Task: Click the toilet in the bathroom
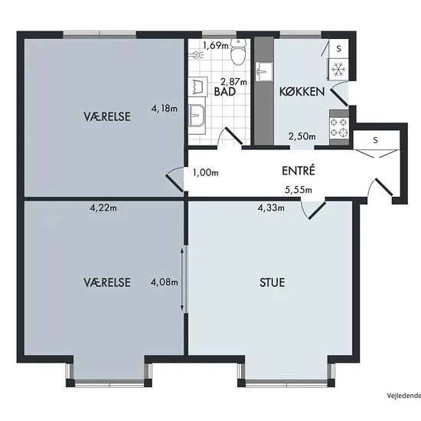click(x=238, y=52)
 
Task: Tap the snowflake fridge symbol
click(x=338, y=70)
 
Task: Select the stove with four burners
click(x=339, y=128)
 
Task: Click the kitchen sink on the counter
click(x=264, y=72)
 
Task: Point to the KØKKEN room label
click(x=302, y=92)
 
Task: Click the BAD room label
click(x=225, y=92)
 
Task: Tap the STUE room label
click(x=272, y=282)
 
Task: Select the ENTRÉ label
click(x=299, y=171)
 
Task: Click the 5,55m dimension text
click(x=299, y=190)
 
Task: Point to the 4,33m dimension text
click(x=271, y=207)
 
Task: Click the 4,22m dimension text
click(x=103, y=207)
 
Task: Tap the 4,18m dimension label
click(x=165, y=109)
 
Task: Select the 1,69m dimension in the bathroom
click(x=216, y=46)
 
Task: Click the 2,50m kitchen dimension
click(x=302, y=136)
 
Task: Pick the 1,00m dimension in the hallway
click(x=206, y=173)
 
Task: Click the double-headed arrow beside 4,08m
click(x=182, y=279)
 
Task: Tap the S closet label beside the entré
click(x=375, y=140)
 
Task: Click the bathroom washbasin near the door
click(x=197, y=116)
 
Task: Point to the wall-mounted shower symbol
click(x=197, y=55)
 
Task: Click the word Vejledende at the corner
click(x=404, y=395)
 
